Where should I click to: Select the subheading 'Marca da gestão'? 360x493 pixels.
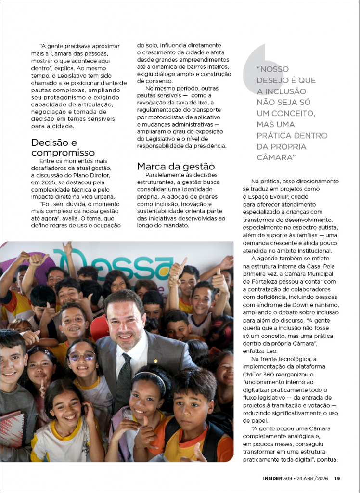coord(176,166)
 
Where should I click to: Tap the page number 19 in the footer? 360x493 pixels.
coord(337,478)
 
